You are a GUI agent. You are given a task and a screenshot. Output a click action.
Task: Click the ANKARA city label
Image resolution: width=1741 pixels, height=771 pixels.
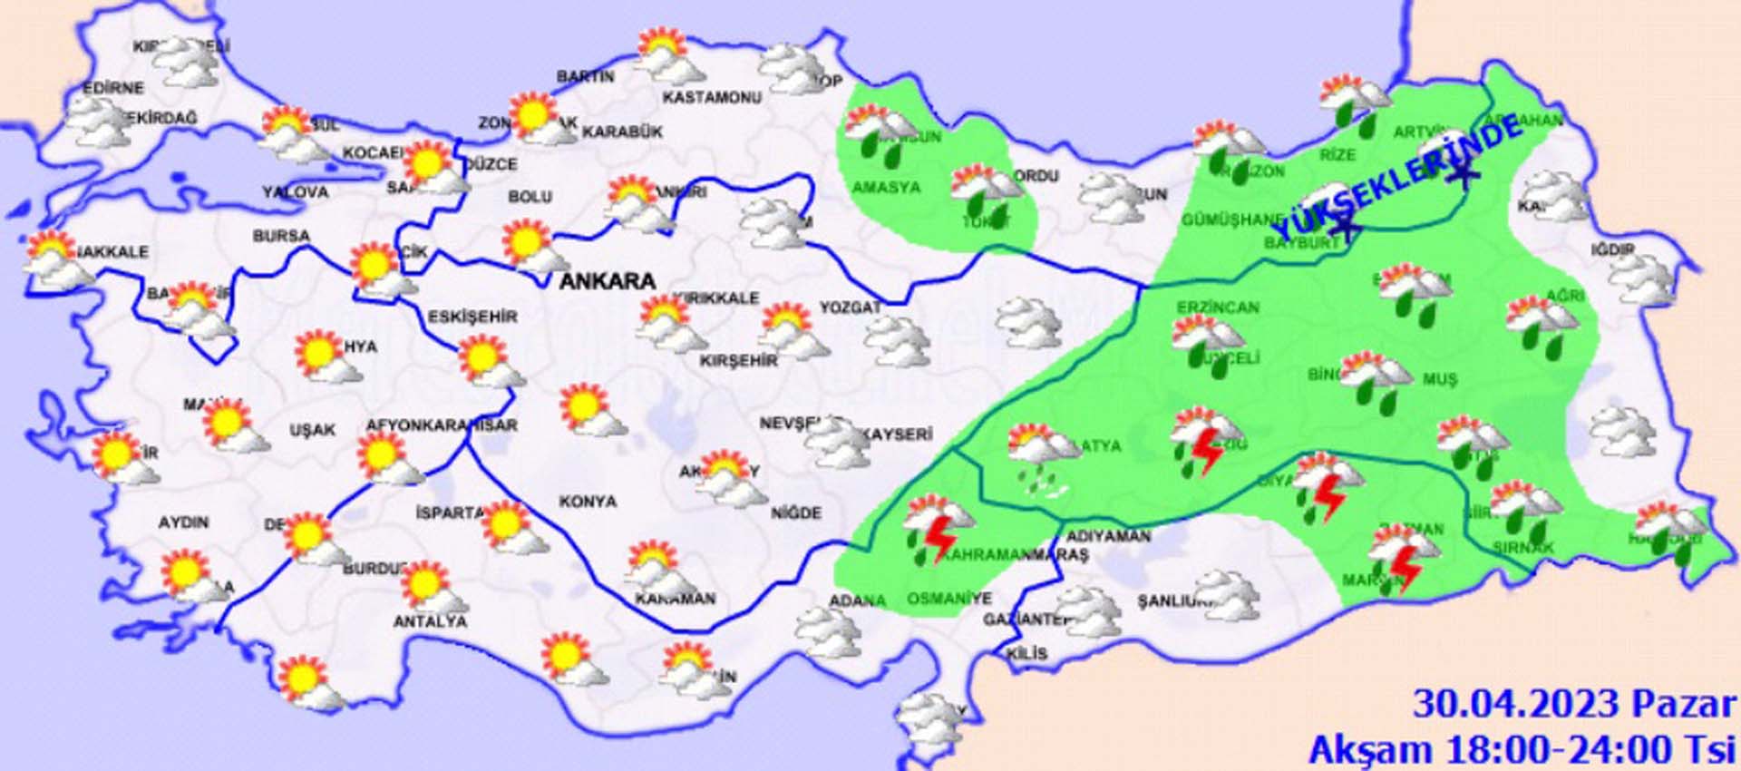coord(607,281)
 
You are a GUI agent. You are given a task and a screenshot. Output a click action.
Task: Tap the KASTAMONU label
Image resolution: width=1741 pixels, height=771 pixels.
coord(712,97)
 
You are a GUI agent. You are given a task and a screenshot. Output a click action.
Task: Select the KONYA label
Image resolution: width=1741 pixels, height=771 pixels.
coord(588,502)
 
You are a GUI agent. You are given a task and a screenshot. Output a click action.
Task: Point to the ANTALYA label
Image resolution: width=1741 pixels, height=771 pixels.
coord(430,622)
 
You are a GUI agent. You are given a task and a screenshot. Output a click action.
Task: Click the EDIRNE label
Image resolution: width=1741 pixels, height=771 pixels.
coord(113,88)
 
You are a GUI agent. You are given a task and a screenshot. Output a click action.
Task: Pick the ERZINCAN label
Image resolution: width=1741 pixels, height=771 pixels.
coord(1218,307)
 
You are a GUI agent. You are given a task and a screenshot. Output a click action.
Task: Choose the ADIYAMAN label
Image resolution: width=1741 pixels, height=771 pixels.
coord(1108,536)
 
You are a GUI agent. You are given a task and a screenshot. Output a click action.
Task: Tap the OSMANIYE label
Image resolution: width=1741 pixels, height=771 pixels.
coord(949,599)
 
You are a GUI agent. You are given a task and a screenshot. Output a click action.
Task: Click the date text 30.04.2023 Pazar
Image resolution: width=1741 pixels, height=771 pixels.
coord(1573,704)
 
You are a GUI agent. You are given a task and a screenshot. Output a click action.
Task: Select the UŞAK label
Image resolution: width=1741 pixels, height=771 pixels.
coord(312,430)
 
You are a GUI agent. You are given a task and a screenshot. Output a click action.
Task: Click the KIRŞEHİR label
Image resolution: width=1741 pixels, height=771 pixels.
coord(738,361)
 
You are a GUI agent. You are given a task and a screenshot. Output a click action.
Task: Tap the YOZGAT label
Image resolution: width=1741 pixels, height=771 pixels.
coord(850,308)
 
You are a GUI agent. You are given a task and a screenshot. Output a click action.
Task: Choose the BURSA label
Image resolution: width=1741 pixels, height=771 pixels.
coord(281,236)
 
